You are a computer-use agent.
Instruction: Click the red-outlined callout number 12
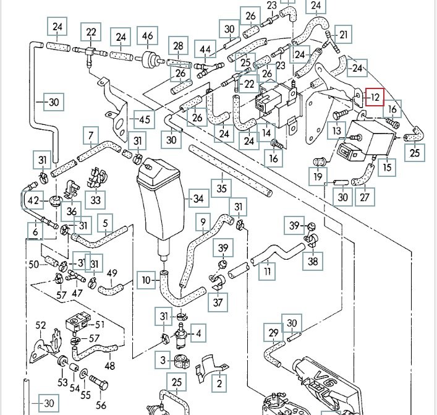click(375, 97)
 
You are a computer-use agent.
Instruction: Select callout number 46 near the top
click(148, 36)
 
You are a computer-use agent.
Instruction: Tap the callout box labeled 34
click(198, 199)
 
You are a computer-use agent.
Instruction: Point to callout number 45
click(143, 119)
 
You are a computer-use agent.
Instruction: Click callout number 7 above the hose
click(91, 135)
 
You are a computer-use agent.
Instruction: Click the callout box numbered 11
click(267, 271)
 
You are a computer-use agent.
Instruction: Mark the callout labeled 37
click(218, 302)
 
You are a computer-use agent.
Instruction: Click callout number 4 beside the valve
click(198, 335)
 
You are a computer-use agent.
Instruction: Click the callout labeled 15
click(387, 166)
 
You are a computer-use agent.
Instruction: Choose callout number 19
click(318, 178)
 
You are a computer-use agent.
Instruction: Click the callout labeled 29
click(274, 333)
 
